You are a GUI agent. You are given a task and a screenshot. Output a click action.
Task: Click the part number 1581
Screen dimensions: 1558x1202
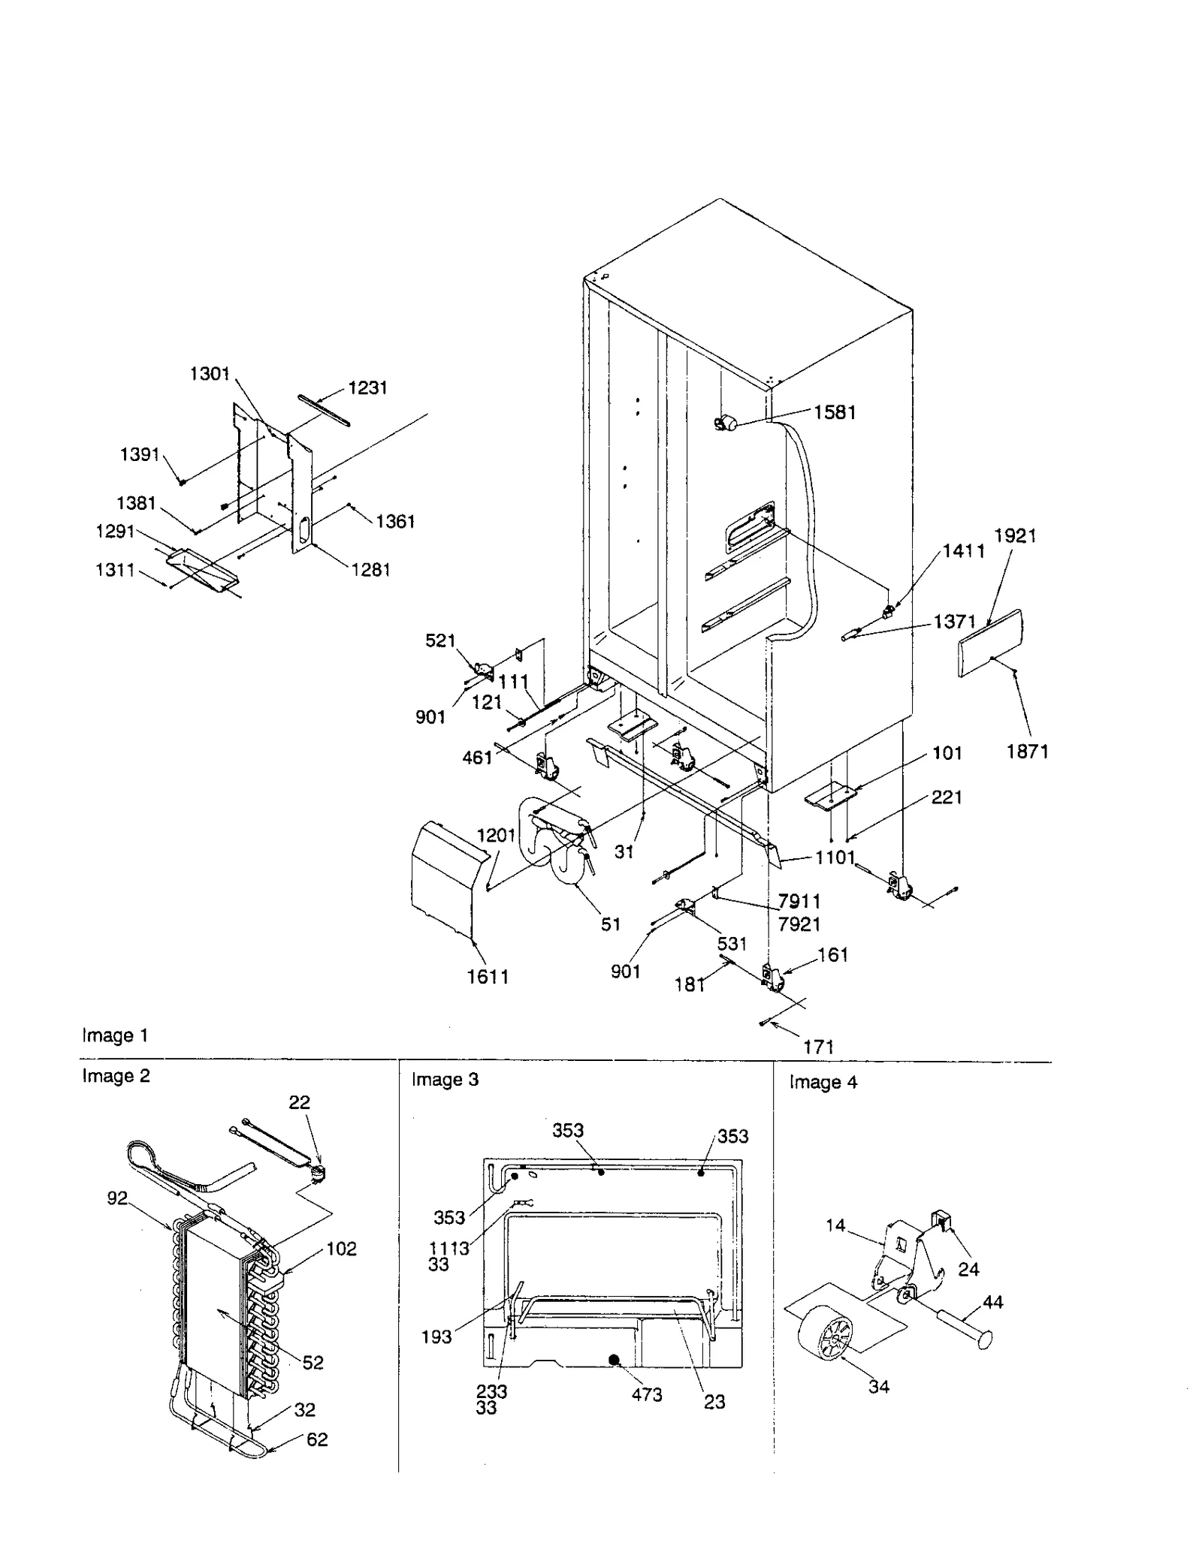tap(835, 412)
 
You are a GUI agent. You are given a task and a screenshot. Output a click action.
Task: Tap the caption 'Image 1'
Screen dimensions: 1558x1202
tap(115, 1035)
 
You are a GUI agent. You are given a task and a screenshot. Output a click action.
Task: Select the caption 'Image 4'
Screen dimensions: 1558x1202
tap(823, 1082)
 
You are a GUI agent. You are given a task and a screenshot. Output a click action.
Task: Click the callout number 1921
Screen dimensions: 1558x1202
tap(1015, 535)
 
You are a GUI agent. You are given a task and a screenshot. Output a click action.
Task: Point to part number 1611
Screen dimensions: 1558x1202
tap(488, 976)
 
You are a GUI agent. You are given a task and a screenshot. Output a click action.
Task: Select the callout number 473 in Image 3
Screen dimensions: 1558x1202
tap(646, 1394)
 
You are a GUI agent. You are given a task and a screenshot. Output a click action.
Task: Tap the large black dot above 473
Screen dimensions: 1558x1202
tap(615, 1359)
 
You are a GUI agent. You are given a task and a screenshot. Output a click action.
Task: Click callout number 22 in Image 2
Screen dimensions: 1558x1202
tap(299, 1102)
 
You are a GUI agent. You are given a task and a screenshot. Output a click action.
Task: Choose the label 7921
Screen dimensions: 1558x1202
tap(799, 924)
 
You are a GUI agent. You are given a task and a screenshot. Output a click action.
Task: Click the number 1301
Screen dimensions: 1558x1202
tap(210, 373)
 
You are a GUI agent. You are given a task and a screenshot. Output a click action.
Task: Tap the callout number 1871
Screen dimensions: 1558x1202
tap(1027, 751)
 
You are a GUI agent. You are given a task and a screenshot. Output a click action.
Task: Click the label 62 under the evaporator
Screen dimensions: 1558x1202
tap(317, 1439)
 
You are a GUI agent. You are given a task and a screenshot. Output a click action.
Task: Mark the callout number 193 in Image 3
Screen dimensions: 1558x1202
tap(436, 1337)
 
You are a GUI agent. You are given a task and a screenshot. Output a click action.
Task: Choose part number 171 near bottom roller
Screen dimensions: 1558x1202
tap(818, 1046)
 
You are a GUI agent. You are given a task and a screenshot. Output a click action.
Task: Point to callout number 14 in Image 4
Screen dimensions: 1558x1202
tap(835, 1225)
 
